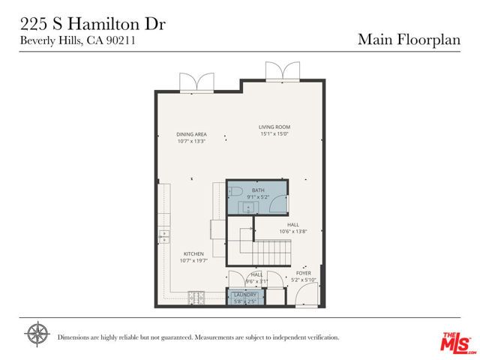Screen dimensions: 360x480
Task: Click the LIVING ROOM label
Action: pos(274,127)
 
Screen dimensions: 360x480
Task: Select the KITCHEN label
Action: pos(193,253)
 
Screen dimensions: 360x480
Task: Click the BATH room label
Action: pos(258,190)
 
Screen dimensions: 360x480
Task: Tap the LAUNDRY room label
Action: pos(245,295)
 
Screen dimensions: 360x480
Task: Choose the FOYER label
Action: pos(303,273)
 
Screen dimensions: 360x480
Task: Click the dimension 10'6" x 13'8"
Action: pos(293,231)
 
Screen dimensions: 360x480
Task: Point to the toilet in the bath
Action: pos(234,192)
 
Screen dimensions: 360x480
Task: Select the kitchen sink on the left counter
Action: pos(163,237)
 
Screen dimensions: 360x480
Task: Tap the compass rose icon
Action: pos(37,333)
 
